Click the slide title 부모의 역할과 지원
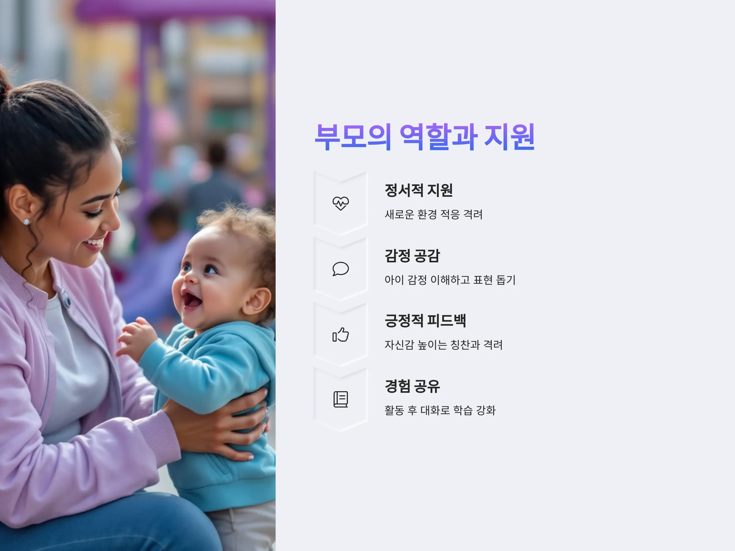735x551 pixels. tap(424, 137)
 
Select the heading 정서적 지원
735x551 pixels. tap(419, 190)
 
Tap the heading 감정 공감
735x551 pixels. tap(412, 256)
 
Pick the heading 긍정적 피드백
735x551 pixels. tap(425, 321)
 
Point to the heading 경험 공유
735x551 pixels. tap(412, 386)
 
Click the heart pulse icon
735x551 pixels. tap(341, 203)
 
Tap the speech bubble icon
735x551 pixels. tap(341, 269)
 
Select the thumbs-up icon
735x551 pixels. tap(341, 335)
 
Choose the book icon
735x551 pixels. tap(341, 399)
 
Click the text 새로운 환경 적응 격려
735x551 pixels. tap(434, 214)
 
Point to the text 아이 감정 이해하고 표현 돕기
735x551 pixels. tap(450, 280)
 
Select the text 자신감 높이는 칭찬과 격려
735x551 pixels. tap(443, 345)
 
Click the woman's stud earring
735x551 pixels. tap(26, 221)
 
